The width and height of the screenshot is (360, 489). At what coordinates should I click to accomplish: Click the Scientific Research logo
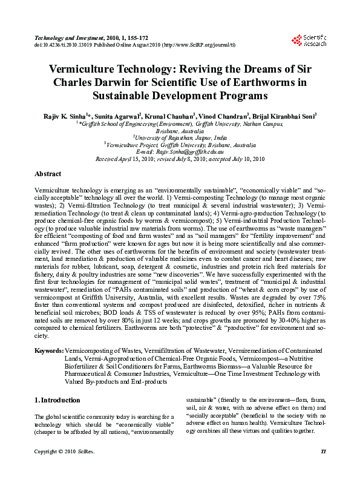click(x=309, y=40)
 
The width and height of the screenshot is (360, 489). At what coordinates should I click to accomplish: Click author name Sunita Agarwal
click(x=117, y=115)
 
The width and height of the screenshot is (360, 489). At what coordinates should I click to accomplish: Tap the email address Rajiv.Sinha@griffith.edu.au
click(x=180, y=152)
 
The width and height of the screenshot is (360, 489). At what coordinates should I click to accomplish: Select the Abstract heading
click(x=48, y=174)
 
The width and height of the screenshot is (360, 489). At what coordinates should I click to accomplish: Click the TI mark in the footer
click(x=323, y=469)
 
